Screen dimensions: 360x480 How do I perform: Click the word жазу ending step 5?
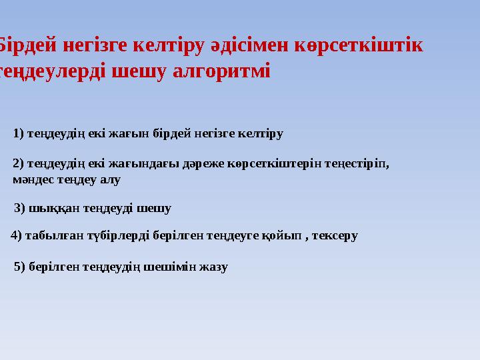coord(214,267)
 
